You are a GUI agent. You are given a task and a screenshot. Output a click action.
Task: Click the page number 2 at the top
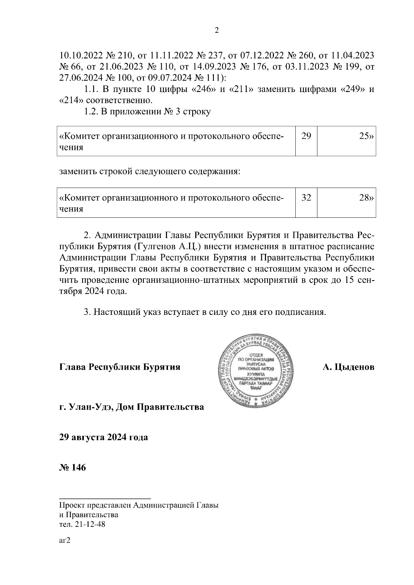[217, 31]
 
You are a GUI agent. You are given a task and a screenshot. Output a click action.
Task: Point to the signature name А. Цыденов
[348, 367]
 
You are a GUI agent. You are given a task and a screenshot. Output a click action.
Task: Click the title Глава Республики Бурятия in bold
[120, 367]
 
